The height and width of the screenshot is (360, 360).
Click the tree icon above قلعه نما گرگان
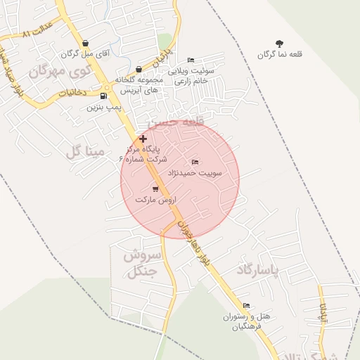point(279,44)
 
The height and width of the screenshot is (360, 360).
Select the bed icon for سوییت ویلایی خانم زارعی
point(191,61)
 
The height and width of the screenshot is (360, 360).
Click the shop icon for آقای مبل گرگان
point(85,44)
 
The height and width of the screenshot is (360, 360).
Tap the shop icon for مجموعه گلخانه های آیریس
point(139,70)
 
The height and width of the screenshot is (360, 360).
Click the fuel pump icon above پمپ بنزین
point(105,96)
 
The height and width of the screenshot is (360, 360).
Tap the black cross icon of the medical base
point(143,139)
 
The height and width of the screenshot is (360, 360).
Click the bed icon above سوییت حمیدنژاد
point(195,162)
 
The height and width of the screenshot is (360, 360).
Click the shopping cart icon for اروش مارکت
point(155,188)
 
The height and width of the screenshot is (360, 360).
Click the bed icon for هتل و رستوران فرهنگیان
point(246,305)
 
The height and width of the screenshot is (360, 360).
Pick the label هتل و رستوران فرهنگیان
point(243,321)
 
